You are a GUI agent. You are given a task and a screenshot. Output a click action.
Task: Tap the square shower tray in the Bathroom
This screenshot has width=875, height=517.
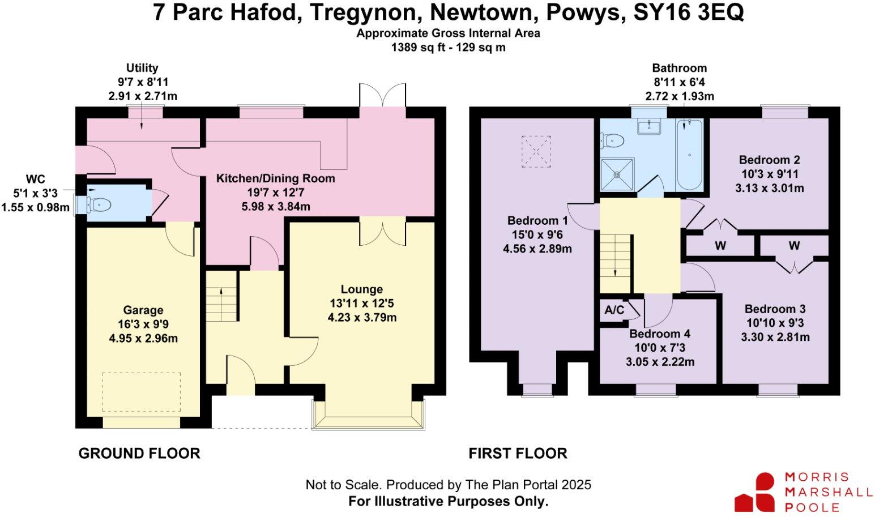pos(617,175)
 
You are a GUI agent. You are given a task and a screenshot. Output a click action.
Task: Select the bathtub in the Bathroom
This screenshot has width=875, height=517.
pos(689,155)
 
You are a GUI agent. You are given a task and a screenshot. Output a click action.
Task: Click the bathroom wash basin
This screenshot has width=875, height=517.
pos(649,126)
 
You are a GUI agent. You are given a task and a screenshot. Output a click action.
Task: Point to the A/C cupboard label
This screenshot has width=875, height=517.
pos(614,310)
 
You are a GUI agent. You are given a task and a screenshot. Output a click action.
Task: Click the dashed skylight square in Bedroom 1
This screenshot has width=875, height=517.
pos(536,151)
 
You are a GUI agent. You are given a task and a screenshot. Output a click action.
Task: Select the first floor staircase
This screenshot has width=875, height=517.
pos(616,263)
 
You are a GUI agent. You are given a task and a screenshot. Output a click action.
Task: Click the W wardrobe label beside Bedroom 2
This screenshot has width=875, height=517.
pos(720,246)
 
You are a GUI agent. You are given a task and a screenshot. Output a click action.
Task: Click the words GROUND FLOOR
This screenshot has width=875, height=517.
pos(139,454)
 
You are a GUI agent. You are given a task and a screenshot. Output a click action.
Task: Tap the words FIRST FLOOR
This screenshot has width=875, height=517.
pos(518,454)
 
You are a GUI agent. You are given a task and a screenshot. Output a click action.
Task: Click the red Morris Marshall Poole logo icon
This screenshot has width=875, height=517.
pos(755,493)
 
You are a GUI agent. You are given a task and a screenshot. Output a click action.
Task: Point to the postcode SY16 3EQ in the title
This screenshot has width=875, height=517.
pos(688,12)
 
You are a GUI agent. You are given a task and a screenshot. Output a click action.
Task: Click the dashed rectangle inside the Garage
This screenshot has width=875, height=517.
pos(142,392)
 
